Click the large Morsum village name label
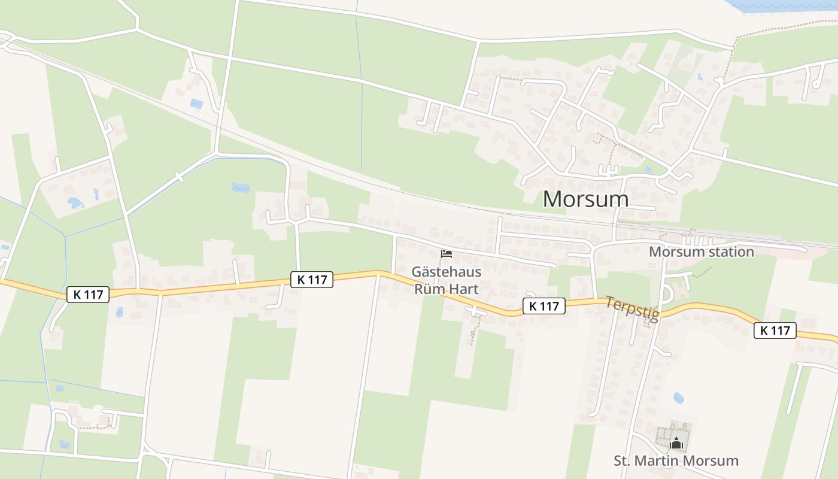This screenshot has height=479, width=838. point(585,199)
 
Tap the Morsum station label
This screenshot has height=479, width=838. point(701,251)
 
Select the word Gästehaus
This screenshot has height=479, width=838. point(446,271)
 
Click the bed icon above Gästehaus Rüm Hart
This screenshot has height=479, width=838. point(446,254)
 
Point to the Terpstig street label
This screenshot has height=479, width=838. point(632,308)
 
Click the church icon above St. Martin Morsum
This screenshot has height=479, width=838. point(676,444)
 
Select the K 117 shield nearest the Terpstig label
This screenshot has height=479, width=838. point(544,306)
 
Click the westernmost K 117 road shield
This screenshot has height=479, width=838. point(88,295)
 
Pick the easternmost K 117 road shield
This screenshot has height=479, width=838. point(775,330)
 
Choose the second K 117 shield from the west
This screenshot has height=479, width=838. point(312,280)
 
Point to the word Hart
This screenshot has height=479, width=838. point(464,288)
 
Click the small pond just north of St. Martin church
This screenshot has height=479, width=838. point(678,398)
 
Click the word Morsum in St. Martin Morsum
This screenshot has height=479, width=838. point(713,461)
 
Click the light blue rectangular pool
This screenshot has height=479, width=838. point(196,104)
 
